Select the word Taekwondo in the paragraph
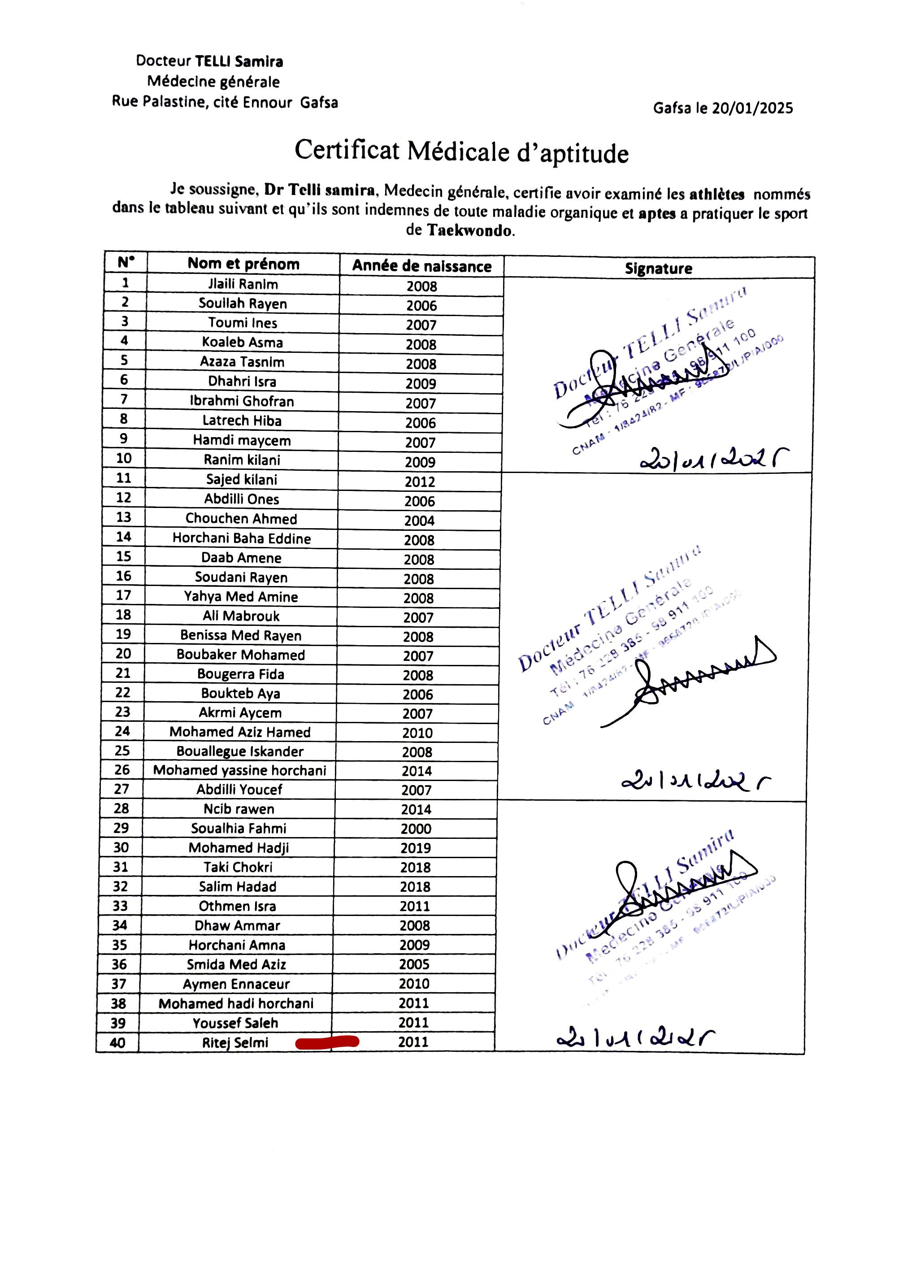469,230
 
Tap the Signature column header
658,269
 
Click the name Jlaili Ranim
243,284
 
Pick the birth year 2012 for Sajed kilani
420,482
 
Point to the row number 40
117,1042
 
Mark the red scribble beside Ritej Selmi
327,1042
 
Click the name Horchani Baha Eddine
241,538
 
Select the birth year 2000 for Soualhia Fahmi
416,829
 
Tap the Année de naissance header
421,266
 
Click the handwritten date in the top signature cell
715,459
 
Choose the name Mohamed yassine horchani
240,770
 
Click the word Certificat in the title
347,150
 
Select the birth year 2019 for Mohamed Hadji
415,848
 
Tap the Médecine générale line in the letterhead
213,82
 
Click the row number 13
123,517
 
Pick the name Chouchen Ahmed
241,519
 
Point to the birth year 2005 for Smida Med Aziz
414,964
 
